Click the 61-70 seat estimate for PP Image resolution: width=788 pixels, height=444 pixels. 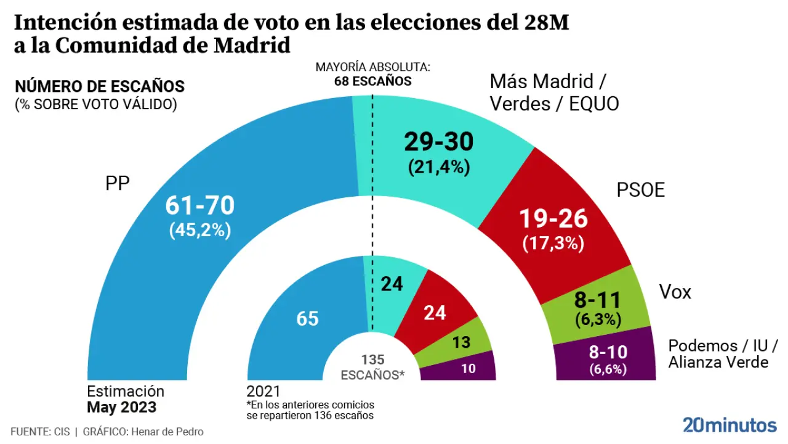pos(200,205)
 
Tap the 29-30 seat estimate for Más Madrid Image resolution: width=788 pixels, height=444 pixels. pos(438,142)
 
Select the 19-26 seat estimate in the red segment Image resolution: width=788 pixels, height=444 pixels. pos(553,218)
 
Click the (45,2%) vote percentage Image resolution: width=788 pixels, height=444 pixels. pos(199,230)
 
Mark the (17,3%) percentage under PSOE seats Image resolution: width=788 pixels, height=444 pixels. pos(553,243)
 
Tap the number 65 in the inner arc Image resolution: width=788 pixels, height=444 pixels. pos(307,319)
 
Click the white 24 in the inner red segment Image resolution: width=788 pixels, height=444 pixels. pos(435,313)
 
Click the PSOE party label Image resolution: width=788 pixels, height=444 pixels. pos(641,190)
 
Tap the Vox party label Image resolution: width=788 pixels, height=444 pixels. pos(675,292)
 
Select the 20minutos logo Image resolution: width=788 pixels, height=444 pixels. pos(730,425)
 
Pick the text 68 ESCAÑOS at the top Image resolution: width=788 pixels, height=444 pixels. pos(373,81)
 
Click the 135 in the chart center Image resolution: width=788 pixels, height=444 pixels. pos(372,360)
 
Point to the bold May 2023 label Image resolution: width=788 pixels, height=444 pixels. pos(121,408)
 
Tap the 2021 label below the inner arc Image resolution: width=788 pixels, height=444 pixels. pos(263,392)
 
